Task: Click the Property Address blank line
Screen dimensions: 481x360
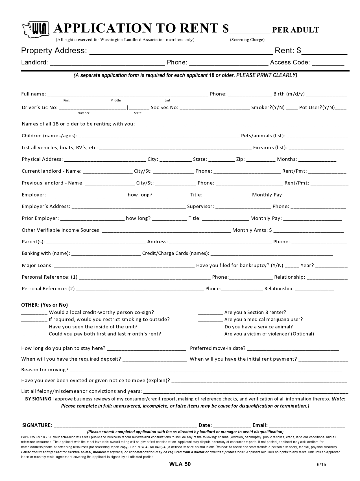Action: click(181, 52)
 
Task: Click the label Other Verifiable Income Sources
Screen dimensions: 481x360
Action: click(61, 230)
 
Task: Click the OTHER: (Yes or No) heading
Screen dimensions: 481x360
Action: click(45, 305)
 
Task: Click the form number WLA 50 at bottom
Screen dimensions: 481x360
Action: click(180, 464)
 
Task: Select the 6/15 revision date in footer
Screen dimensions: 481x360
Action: click(321, 465)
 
